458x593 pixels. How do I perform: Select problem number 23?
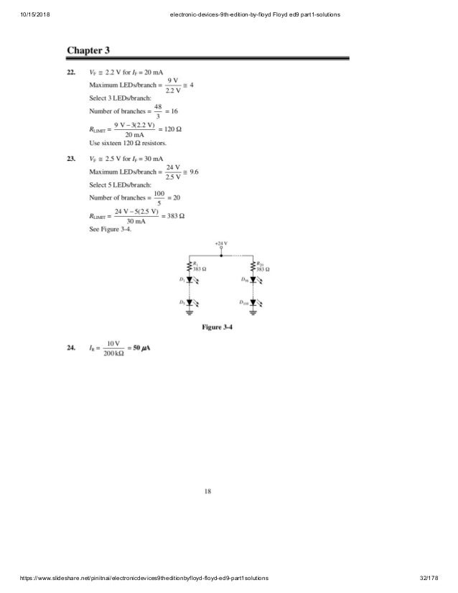(72, 158)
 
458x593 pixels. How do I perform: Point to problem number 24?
(72, 348)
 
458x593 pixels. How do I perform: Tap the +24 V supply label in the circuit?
(221, 244)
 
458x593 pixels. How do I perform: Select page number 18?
(207, 492)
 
